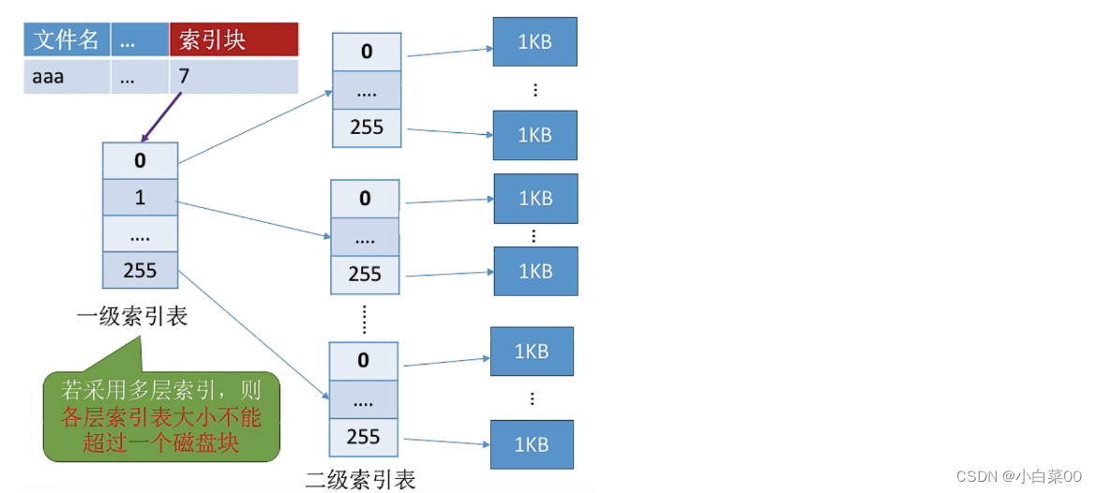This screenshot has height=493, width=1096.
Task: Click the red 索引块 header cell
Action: click(x=234, y=39)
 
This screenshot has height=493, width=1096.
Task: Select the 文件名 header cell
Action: click(x=67, y=39)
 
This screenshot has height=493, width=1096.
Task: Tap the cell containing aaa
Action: click(x=67, y=76)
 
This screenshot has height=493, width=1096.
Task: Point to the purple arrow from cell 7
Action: click(x=160, y=117)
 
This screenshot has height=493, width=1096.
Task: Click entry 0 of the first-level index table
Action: click(x=140, y=160)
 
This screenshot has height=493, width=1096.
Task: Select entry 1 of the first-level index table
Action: click(x=140, y=197)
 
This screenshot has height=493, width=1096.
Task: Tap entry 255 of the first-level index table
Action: click(x=140, y=270)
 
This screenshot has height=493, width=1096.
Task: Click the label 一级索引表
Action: click(x=132, y=317)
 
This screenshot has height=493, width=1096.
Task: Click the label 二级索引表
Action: click(x=361, y=479)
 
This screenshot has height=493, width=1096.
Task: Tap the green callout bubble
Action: click(x=161, y=416)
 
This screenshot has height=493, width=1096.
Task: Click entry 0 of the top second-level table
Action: click(x=367, y=52)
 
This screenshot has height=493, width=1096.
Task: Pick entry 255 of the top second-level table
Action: click(x=367, y=127)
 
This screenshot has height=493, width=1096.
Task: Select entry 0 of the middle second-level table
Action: click(x=365, y=199)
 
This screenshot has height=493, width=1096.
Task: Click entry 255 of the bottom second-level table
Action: click(x=363, y=437)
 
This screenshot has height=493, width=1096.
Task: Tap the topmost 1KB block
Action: click(x=534, y=41)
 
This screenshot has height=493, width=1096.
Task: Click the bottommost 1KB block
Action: click(x=532, y=445)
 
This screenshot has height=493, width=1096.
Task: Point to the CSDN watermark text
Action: click(x=1019, y=476)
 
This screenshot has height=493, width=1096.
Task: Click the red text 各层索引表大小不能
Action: click(x=161, y=419)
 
